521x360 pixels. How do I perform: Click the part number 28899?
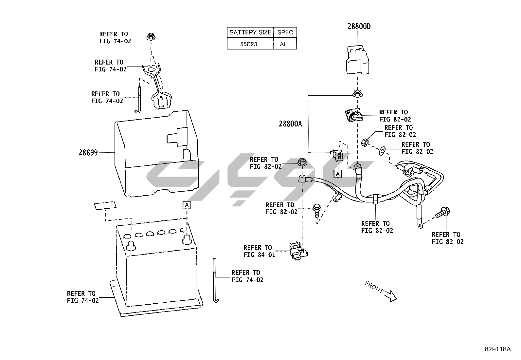click(x=88, y=153)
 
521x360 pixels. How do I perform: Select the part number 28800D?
click(x=359, y=27)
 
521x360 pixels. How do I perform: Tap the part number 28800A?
click(x=290, y=124)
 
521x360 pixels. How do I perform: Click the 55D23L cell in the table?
click(x=250, y=44)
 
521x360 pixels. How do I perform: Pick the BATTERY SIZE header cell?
click(x=250, y=32)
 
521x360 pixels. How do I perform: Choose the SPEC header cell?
click(x=285, y=32)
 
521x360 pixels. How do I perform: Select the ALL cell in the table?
click(x=285, y=44)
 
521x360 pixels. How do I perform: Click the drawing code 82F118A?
click(x=497, y=349)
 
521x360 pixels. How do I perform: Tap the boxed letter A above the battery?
click(x=187, y=205)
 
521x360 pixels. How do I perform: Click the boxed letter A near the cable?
click(x=337, y=174)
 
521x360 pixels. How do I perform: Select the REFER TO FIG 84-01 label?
click(x=259, y=251)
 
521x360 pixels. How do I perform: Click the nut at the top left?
click(x=151, y=37)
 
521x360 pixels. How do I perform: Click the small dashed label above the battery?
click(x=105, y=206)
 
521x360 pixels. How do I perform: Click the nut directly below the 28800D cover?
click(x=357, y=94)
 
